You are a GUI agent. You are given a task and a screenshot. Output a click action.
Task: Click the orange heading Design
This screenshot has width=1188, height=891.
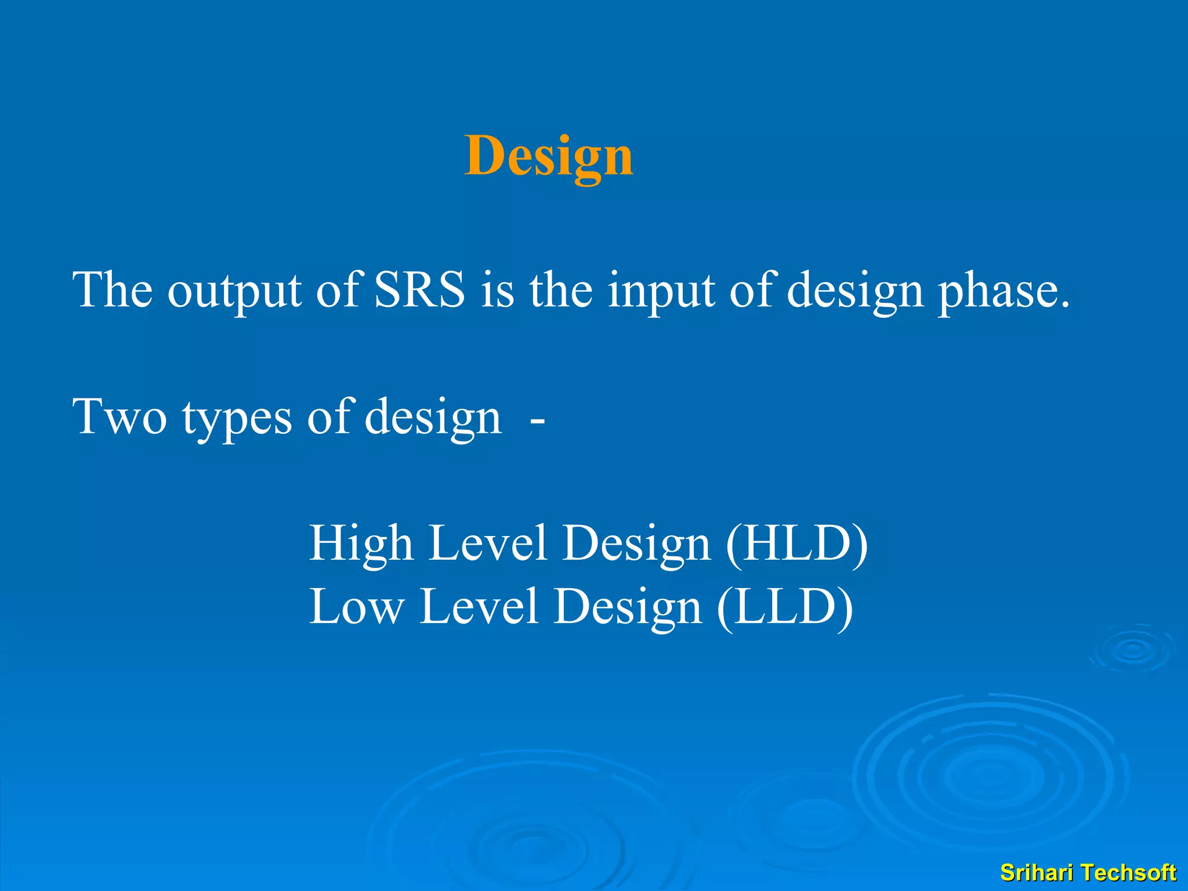(x=548, y=155)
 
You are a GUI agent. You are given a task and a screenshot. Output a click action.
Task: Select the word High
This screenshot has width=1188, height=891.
(x=360, y=544)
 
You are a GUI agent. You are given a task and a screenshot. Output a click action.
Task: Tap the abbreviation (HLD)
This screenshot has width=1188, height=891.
(x=796, y=544)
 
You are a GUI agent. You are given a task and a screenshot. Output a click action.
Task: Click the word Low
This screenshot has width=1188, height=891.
(x=356, y=607)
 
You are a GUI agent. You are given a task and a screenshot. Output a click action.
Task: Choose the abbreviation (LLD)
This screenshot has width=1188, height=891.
(x=785, y=607)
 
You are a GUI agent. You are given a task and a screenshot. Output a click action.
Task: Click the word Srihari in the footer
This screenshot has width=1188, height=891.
(x=1036, y=872)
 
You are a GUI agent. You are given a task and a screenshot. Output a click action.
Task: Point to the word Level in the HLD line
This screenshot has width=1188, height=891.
(x=487, y=544)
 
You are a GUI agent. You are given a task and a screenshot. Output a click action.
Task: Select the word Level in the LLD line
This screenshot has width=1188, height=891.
(x=479, y=607)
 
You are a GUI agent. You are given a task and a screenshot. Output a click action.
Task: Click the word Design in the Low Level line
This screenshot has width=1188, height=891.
(x=627, y=608)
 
